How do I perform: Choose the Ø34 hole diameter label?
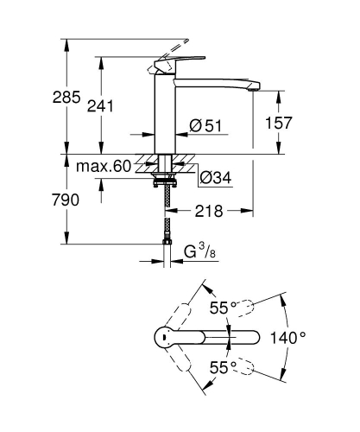pyautogui.click(x=217, y=179)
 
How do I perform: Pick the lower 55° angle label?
pyautogui.click(x=223, y=367)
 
